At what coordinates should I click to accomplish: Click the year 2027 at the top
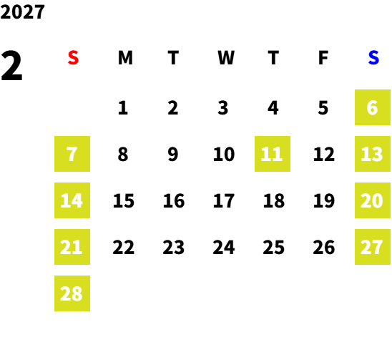22,11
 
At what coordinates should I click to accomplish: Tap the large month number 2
11,66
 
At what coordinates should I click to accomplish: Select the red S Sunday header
73,58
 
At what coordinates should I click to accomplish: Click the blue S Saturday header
373,58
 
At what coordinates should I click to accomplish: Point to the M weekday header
125,58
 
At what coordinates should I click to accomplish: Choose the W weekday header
226,58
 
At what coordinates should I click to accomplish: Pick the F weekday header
323,58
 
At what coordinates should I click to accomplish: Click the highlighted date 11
273,154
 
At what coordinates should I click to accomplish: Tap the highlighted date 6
373,107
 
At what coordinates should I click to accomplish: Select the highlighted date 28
72,293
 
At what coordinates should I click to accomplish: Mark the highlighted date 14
72,200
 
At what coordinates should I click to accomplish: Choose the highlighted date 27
373,247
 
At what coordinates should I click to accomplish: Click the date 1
123,108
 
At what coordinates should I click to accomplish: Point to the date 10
224,154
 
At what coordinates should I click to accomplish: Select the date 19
324,200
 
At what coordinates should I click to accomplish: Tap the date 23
174,247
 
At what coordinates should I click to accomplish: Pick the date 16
174,200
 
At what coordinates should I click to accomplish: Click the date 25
273,247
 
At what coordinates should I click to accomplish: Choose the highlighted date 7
72,154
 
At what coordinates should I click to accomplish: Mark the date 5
323,108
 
